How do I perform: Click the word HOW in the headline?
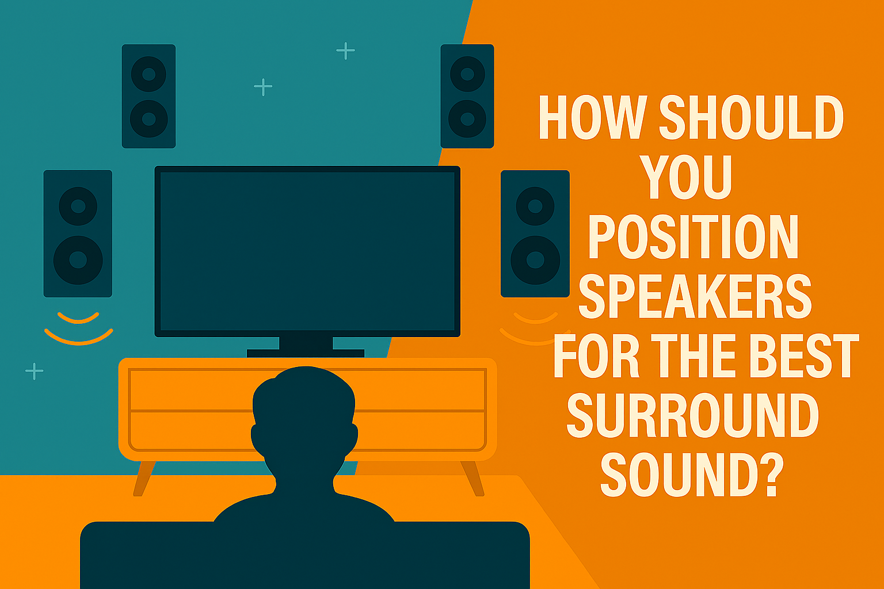point(593,117)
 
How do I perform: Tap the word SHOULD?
point(752,117)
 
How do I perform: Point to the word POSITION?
point(694,236)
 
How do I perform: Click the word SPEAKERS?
point(695,296)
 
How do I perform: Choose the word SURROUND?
point(693,415)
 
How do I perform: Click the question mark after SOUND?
point(771,475)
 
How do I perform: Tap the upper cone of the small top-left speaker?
point(149,74)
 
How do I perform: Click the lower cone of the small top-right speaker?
point(467,118)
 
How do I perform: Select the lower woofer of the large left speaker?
point(78,260)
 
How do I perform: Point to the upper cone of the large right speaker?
point(535,206)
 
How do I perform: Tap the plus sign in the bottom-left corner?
point(35,371)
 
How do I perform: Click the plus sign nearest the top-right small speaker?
point(345,51)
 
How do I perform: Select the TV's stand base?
point(306,353)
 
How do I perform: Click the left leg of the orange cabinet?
point(144,479)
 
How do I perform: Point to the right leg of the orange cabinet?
point(473,479)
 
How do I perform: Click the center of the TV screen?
point(307,251)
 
